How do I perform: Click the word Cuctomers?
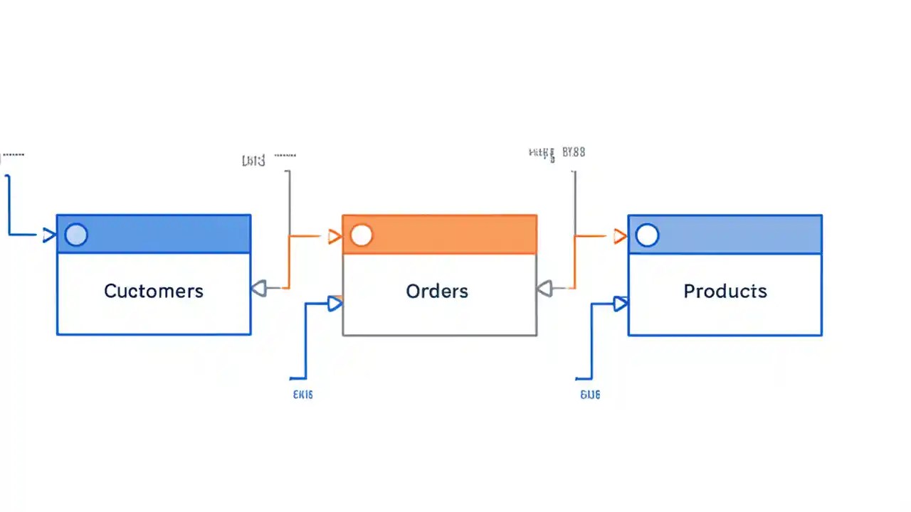[x=154, y=291]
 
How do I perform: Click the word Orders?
[x=437, y=291]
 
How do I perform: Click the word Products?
[x=725, y=291]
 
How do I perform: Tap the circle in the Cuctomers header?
[x=76, y=235]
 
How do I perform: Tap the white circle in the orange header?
[x=362, y=235]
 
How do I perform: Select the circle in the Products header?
[x=647, y=235]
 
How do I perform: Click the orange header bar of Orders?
[x=455, y=235]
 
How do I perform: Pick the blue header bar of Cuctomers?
[x=171, y=235]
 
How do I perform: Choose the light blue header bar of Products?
[x=740, y=235]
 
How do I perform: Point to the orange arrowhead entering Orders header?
[x=335, y=236]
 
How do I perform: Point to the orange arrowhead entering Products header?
[x=620, y=236]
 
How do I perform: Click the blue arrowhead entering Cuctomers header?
[x=49, y=235]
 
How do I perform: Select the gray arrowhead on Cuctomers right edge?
[x=258, y=288]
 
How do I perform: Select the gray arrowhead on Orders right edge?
[x=544, y=288]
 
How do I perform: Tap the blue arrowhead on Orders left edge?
[x=335, y=304]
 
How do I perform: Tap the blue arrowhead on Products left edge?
[x=621, y=304]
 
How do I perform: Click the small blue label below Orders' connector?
[x=302, y=394]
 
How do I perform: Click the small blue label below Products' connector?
[x=590, y=394]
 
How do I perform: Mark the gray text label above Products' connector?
[x=557, y=152]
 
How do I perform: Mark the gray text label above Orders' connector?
[x=254, y=161]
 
